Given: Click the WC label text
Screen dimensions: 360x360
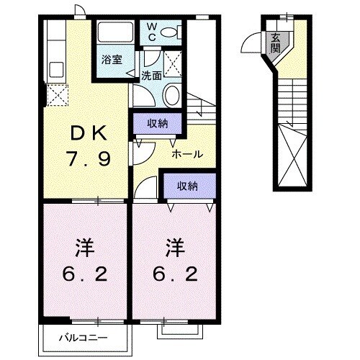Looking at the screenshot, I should pos(152,32).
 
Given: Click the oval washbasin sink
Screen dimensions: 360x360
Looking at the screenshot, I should pos(172,95).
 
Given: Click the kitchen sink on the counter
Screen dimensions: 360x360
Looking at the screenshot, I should pos(55,71).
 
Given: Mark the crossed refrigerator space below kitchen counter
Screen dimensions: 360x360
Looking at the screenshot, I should pos(55,95).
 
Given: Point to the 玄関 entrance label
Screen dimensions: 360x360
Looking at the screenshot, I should pos(276,44).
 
